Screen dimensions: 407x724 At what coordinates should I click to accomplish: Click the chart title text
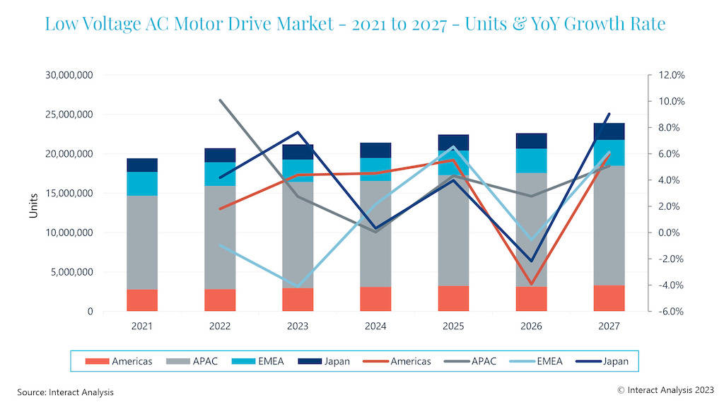click(355, 24)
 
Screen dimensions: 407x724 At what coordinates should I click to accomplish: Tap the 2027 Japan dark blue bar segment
click(609, 131)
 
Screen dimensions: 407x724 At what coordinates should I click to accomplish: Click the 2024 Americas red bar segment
click(375, 299)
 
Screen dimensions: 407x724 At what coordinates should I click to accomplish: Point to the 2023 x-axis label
click(298, 326)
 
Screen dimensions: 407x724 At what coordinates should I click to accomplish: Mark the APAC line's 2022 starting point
click(220, 100)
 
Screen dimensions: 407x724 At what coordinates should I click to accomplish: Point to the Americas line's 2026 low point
click(531, 285)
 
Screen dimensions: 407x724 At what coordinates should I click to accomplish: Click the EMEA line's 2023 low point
click(298, 287)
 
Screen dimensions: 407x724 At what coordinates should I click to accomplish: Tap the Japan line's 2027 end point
click(609, 114)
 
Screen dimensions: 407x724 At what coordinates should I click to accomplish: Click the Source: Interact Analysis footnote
click(65, 391)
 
